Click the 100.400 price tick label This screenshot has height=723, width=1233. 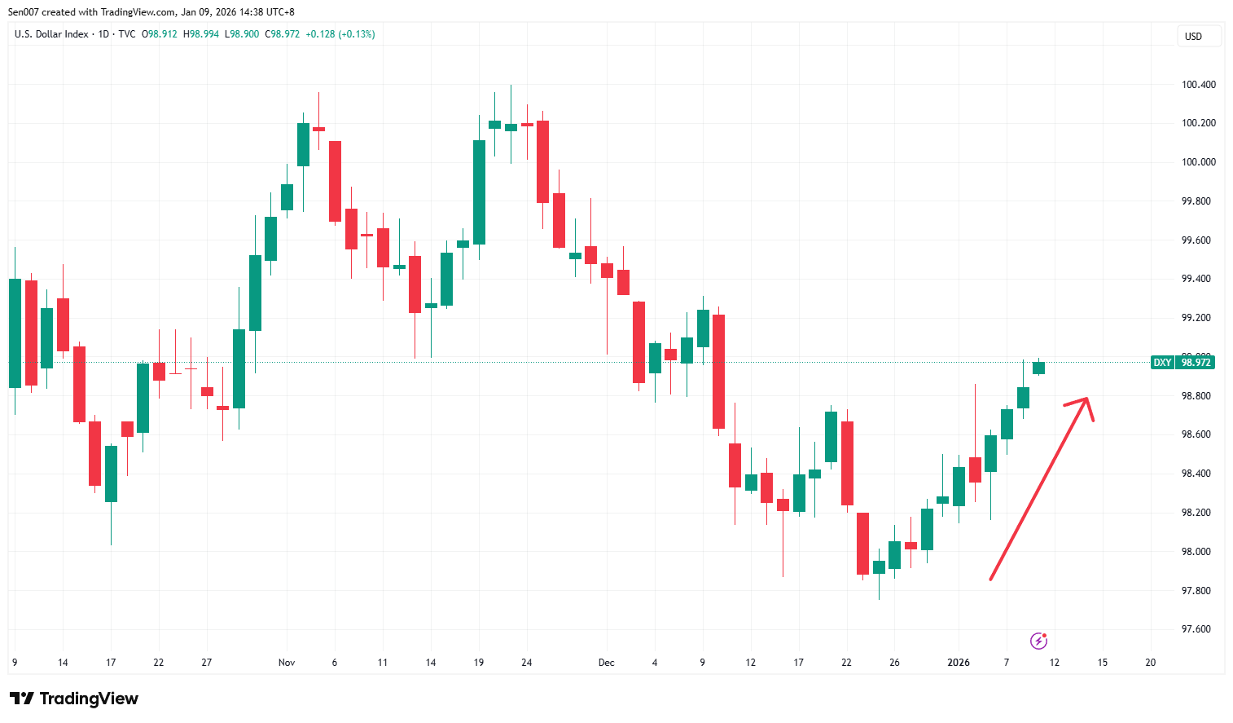point(1198,85)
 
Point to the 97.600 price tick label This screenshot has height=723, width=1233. point(1196,629)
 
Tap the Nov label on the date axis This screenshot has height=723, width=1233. point(287,663)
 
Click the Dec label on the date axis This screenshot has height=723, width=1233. point(606,663)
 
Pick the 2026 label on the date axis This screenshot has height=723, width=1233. point(959,663)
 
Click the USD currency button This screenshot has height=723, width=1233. point(1193,37)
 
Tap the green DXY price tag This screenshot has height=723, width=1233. point(1162,363)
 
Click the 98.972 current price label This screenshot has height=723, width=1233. point(1196,363)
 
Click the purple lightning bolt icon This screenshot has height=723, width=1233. point(1038,641)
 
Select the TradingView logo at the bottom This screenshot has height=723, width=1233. point(74,699)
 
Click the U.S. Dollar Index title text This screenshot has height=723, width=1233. point(51,34)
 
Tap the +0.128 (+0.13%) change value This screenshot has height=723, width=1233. point(340,34)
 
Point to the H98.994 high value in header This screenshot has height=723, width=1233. point(201,34)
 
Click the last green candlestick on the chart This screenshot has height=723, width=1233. point(1038,368)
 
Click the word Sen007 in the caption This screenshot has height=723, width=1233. point(24,12)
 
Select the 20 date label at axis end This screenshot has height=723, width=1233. point(1150,663)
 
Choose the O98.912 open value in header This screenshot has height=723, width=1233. point(160,34)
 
